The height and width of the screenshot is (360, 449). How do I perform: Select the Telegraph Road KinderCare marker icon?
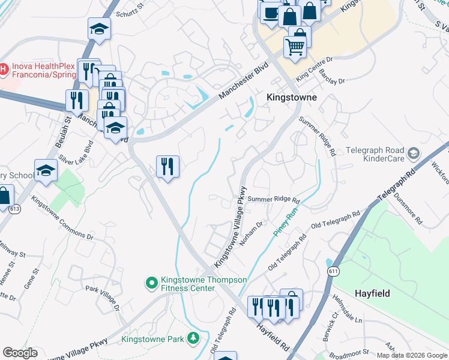412,154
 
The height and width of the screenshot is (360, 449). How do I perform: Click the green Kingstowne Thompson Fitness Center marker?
151,281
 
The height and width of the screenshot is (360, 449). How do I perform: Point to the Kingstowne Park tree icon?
193,339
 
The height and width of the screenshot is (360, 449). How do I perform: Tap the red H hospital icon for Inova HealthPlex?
4,70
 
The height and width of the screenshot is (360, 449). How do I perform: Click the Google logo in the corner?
20,353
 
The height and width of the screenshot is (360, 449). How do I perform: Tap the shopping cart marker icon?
294,45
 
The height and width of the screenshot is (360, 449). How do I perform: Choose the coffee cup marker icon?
271,11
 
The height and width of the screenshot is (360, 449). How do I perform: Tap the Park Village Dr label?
102,298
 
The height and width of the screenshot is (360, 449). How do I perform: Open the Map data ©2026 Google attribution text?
411,355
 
